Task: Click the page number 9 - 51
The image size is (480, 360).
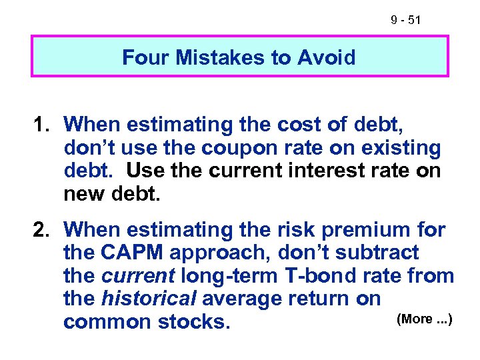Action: pos(406,21)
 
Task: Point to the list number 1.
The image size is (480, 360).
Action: pos(43,124)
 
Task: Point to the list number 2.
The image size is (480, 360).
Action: pos(43,230)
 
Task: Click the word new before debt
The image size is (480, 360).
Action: pos(83,194)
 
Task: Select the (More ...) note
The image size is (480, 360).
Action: pos(425,319)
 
